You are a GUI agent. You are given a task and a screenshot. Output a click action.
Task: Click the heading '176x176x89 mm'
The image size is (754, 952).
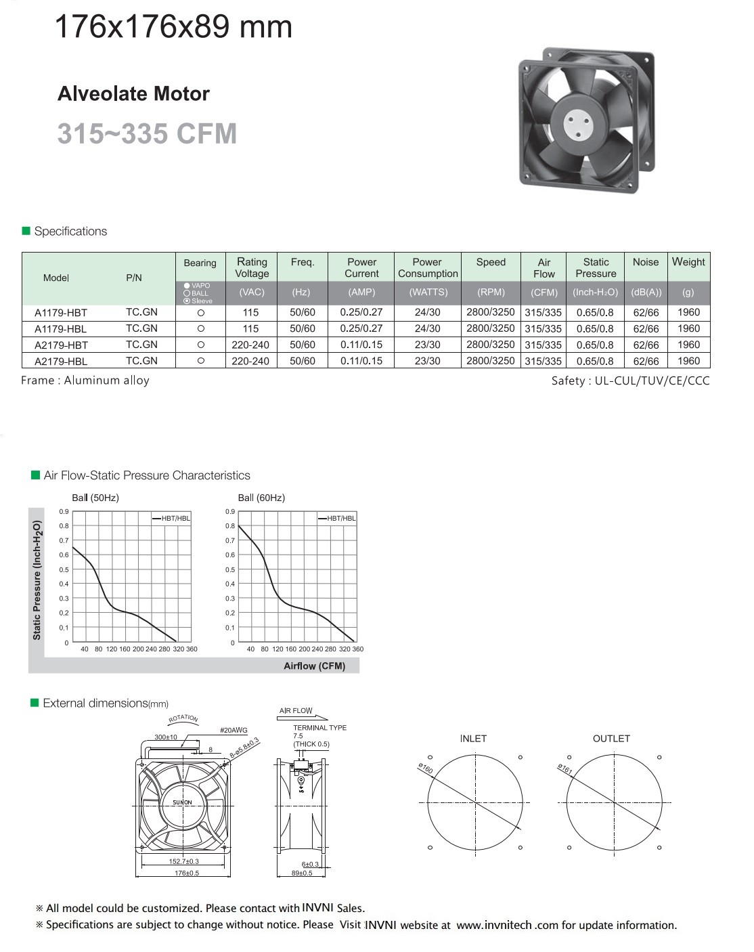point(173,27)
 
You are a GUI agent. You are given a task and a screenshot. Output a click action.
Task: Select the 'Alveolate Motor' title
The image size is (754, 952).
point(133,93)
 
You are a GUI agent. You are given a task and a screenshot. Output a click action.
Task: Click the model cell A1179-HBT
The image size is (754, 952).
point(61,313)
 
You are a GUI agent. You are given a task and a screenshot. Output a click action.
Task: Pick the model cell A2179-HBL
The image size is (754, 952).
point(61,362)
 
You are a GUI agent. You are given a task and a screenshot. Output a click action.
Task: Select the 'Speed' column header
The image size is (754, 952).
point(491,262)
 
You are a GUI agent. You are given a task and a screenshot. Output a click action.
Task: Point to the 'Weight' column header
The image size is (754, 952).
point(688,262)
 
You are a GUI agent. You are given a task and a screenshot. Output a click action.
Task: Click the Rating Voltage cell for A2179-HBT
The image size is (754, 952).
point(250,345)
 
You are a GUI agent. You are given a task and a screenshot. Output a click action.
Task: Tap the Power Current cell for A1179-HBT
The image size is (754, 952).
point(361,312)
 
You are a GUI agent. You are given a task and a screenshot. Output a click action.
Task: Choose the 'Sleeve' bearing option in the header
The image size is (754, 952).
point(198,301)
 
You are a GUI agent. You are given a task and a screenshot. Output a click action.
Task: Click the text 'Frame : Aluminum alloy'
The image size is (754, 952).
point(85,381)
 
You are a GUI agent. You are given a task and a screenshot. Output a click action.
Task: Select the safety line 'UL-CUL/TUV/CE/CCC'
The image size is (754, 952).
point(631,381)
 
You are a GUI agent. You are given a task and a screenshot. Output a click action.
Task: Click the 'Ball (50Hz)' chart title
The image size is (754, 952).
point(95,498)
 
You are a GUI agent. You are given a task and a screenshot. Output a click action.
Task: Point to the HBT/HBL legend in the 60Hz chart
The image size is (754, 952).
point(337,518)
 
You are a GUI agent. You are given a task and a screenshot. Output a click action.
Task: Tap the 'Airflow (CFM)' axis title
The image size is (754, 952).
point(314,666)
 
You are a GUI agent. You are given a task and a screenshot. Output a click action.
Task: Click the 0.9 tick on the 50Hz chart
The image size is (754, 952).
point(64,512)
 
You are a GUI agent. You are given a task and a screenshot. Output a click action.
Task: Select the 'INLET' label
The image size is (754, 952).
point(473,739)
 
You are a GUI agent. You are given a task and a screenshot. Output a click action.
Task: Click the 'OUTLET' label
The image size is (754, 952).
point(611,739)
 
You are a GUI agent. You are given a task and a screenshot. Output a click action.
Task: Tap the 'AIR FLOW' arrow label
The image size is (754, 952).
point(296,711)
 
